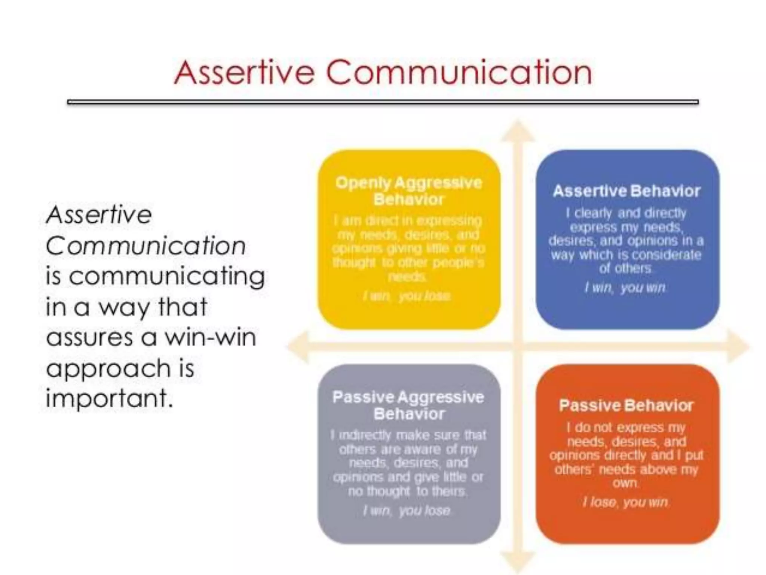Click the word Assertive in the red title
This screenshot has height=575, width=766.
[x=244, y=72]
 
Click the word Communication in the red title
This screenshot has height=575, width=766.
[x=459, y=72]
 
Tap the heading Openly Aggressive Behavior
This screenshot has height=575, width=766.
[x=409, y=191]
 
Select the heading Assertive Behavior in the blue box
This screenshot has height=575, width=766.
[x=626, y=191]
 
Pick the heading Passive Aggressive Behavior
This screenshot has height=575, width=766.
[x=408, y=405]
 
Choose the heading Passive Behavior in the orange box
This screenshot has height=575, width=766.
[x=626, y=405]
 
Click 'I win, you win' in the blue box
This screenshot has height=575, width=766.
[x=625, y=287]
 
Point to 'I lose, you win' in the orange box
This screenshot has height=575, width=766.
[x=625, y=502]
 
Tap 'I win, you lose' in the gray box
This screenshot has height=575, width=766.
[x=407, y=511]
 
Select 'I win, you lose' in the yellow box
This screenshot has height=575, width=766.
[x=407, y=296]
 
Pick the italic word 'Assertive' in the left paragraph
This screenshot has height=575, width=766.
[x=99, y=215]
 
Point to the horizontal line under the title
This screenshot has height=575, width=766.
[x=383, y=102]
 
